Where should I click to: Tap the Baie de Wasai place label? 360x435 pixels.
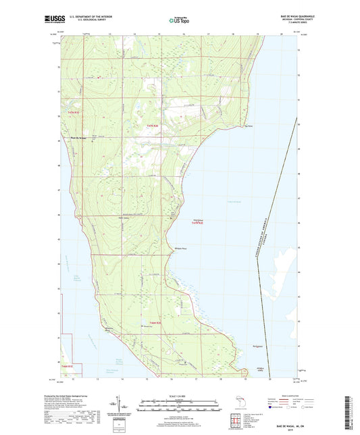click(x=79, y=138)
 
